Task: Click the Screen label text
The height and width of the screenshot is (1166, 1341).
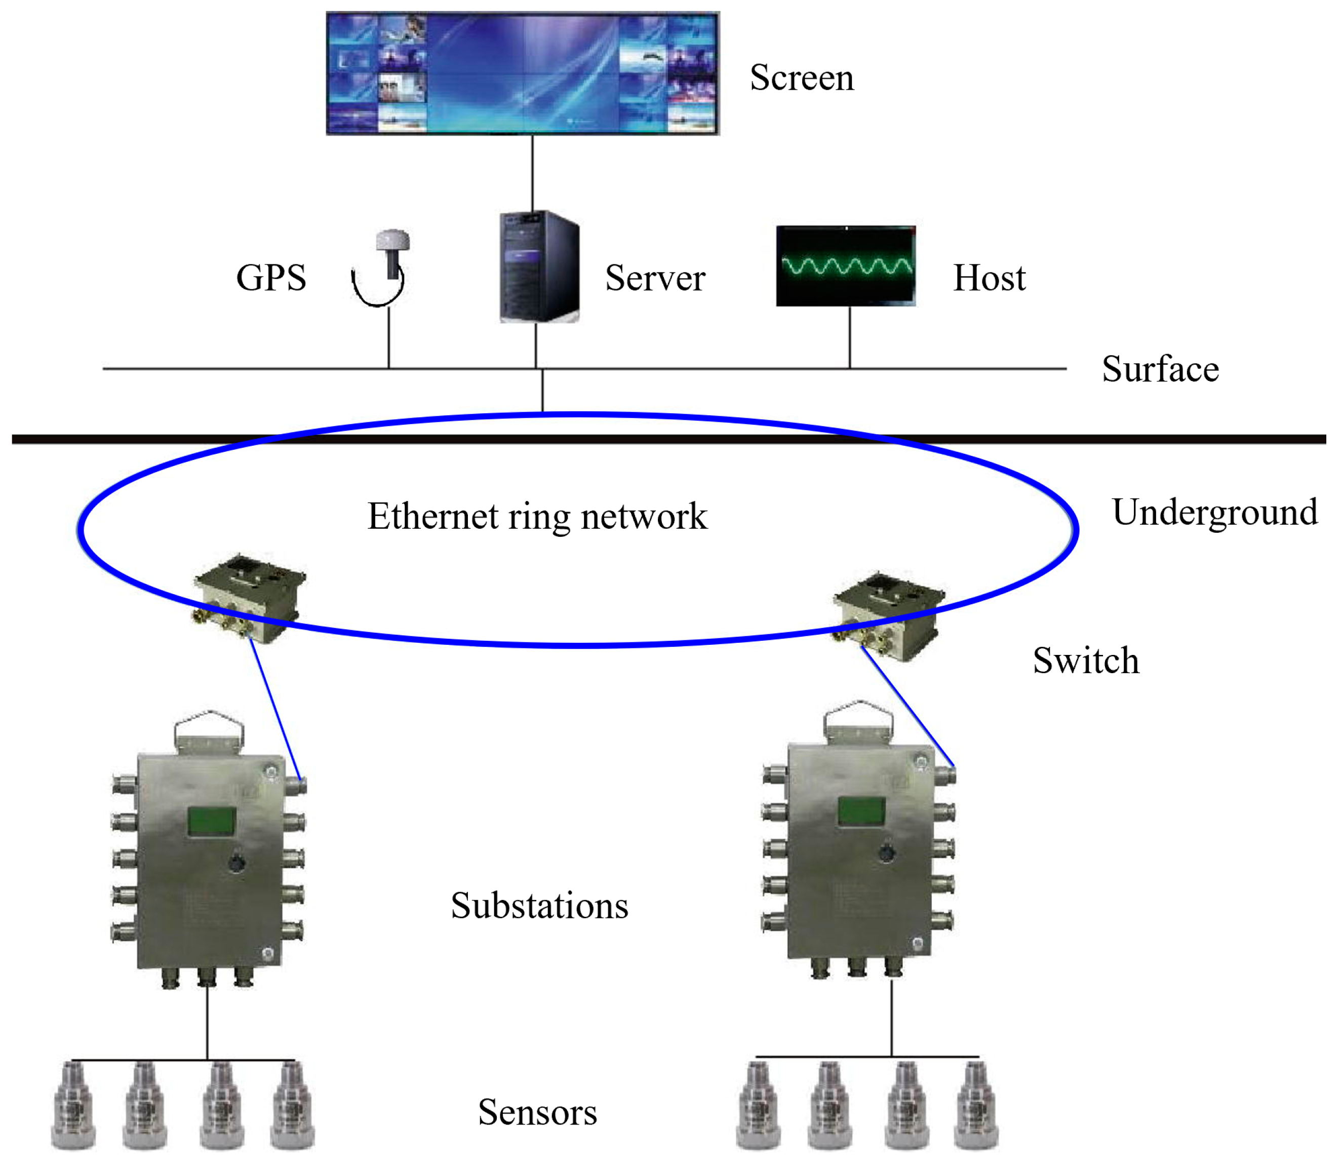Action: click(x=801, y=78)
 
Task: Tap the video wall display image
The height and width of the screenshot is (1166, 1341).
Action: click(x=523, y=73)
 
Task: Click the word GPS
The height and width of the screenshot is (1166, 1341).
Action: click(x=270, y=278)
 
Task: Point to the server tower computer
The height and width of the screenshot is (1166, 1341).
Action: click(x=539, y=267)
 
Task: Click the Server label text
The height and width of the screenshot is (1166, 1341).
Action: click(x=655, y=279)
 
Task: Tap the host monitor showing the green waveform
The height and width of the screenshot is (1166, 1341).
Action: click(x=845, y=265)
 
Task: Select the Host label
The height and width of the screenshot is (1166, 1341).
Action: click(x=989, y=279)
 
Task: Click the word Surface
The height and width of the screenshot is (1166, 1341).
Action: click(x=1160, y=370)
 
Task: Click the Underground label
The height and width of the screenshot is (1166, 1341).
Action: click(x=1214, y=513)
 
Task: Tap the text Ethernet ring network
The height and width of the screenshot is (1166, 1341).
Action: click(x=537, y=517)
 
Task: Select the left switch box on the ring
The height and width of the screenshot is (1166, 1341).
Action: click(x=249, y=597)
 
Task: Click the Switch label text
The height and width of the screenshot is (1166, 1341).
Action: click(x=1085, y=661)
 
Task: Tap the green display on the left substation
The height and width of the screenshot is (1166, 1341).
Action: click(x=212, y=821)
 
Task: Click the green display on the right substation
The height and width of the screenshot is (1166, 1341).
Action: click(x=861, y=811)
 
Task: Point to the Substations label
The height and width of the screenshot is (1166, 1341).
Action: click(x=539, y=906)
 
